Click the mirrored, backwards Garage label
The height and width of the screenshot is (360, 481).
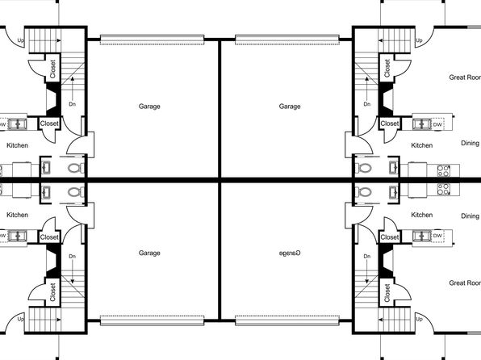290,253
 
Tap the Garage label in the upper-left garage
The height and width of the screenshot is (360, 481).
149,107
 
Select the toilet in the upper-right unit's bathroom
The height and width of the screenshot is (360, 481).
363,168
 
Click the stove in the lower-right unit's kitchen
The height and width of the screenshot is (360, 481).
444,189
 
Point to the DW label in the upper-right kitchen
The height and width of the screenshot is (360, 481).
437,124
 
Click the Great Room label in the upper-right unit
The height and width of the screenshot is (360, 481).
465,77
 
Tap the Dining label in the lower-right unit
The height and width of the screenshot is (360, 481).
471,216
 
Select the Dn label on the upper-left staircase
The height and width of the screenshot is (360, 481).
72,104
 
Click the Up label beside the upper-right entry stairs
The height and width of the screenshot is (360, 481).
419,40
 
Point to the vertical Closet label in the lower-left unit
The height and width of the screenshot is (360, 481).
52,292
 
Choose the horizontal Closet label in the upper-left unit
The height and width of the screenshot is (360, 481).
49,123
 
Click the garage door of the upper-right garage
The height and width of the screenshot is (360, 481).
287,40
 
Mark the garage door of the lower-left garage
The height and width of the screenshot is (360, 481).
153,320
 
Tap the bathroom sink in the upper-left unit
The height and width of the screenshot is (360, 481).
46,168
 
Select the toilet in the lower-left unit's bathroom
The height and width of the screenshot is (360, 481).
76,192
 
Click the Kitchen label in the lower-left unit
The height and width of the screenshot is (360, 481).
18,215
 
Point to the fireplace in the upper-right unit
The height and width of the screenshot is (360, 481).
386,98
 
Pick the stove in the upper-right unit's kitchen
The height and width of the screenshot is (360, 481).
444,170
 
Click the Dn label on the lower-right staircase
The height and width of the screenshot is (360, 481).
367,256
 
